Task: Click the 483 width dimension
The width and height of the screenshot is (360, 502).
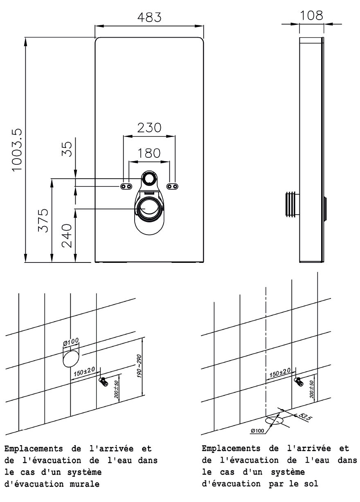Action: [x=149, y=18]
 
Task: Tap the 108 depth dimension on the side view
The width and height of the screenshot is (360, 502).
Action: [x=312, y=16]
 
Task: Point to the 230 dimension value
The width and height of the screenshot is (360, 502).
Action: [x=149, y=128]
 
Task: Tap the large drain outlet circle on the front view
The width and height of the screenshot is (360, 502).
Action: [x=148, y=208]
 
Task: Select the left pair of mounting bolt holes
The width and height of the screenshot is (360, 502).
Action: [x=126, y=186]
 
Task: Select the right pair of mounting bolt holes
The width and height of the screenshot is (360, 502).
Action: [x=173, y=186]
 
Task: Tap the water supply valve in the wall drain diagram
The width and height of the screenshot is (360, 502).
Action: [x=103, y=382]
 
